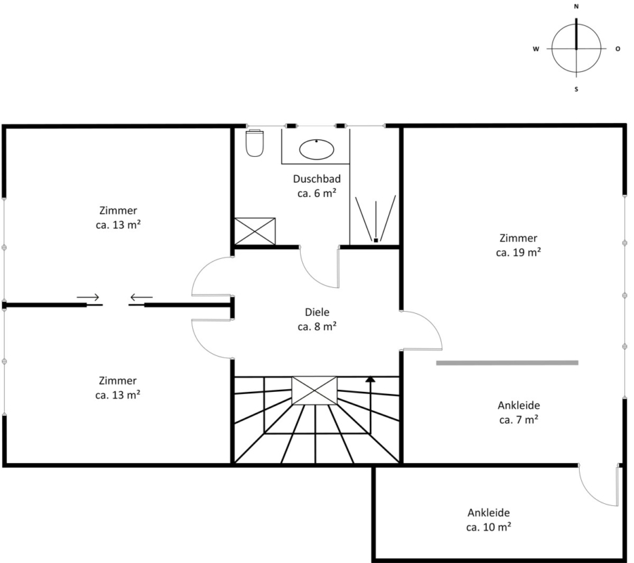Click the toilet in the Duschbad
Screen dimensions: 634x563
(255, 143)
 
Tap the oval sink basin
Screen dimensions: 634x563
(316, 149)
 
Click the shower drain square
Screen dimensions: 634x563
(375, 240)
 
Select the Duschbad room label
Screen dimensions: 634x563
(317, 186)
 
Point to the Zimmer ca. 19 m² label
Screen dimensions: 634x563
(518, 245)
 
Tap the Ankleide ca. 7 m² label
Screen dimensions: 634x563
(518, 412)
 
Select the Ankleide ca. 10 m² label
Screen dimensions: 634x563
(488, 520)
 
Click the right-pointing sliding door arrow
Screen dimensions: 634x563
(88, 297)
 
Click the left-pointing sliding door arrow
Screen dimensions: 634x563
(141, 298)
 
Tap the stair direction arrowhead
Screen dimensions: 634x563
(370, 379)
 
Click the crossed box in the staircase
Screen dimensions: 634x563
(314, 391)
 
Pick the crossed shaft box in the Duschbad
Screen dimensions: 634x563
(255, 231)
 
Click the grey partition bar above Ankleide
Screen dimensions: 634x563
(507, 363)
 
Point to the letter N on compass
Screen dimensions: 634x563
(576, 7)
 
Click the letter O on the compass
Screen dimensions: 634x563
(617, 49)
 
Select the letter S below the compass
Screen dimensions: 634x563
(576, 89)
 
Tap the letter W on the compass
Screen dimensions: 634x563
(536, 49)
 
